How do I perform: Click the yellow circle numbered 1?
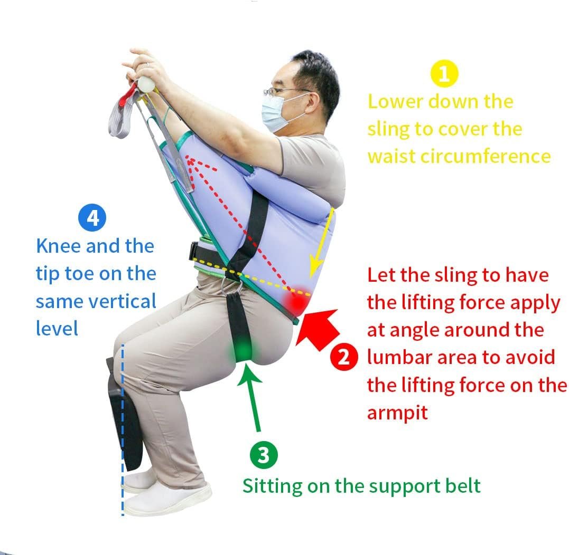pyautogui.click(x=444, y=73)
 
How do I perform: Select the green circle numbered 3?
pyautogui.click(x=264, y=455)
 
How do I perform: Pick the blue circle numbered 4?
pyautogui.click(x=92, y=218)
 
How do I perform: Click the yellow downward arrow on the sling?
pyautogui.click(x=321, y=243)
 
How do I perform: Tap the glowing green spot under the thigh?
pyautogui.click(x=244, y=350)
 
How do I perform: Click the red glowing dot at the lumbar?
pyautogui.click(x=296, y=300)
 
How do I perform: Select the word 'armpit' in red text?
pyautogui.click(x=397, y=413)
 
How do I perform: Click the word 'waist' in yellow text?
pyautogui.click(x=391, y=157)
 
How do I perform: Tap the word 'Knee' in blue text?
pyautogui.click(x=59, y=246)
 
